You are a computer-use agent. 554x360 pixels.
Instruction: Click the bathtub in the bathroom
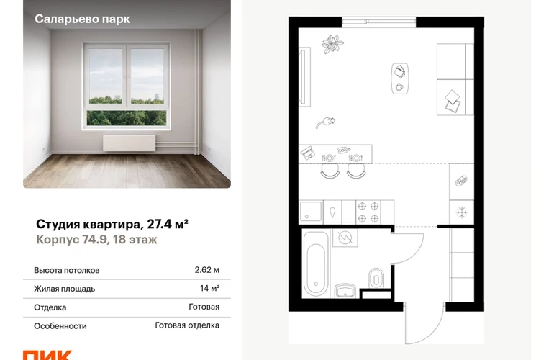pyautogui.click(x=316, y=264)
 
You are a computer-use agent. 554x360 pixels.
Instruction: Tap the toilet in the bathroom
pyautogui.click(x=376, y=279)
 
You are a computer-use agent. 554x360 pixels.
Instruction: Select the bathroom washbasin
pyautogui.click(x=347, y=290)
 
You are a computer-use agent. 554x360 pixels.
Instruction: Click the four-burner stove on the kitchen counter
pyautogui.click(x=368, y=212)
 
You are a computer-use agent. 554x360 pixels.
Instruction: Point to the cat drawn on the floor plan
pyautogui.click(x=325, y=122)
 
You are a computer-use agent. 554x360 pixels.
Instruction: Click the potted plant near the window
pyautogui.click(x=332, y=44)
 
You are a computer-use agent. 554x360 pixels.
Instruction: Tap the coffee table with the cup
pyautogui.click(x=399, y=78)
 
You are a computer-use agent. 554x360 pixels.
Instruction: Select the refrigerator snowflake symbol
pyautogui.click(x=461, y=212)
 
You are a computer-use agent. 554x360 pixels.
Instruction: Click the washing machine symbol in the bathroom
pyautogui.click(x=345, y=238)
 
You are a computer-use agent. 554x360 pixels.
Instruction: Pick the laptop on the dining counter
pyautogui.click(x=307, y=153)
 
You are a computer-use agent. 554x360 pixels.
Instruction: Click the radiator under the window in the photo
pyautogui.click(x=129, y=143)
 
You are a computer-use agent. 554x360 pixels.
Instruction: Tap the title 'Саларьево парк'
pyautogui.click(x=82, y=19)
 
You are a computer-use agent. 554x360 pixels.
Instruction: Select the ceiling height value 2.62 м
pyautogui.click(x=206, y=270)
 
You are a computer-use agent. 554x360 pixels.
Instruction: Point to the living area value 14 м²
pyautogui.click(x=209, y=288)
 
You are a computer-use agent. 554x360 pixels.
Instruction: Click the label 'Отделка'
pyautogui.click(x=50, y=307)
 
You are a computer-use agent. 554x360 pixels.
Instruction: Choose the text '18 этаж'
pyautogui.click(x=135, y=240)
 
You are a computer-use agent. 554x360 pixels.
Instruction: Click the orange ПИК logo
pyautogui.click(x=47, y=355)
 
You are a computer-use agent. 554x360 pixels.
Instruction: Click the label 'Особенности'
pyautogui.click(x=60, y=325)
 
